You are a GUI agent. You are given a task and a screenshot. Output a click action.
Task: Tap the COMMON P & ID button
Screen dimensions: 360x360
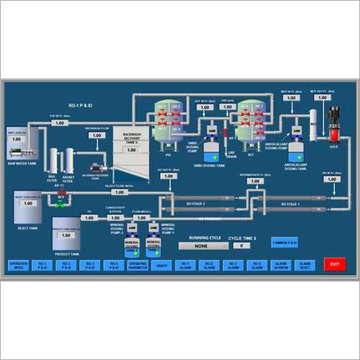tap(284, 242)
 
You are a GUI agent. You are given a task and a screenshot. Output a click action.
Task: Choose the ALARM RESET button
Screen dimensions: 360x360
tap(304, 265)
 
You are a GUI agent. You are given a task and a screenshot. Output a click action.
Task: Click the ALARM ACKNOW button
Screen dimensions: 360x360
tap(280, 265)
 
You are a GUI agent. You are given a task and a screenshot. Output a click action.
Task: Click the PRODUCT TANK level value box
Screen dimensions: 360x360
tap(66, 234)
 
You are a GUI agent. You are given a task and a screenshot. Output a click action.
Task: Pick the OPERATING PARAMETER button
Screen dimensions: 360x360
tap(138, 265)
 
